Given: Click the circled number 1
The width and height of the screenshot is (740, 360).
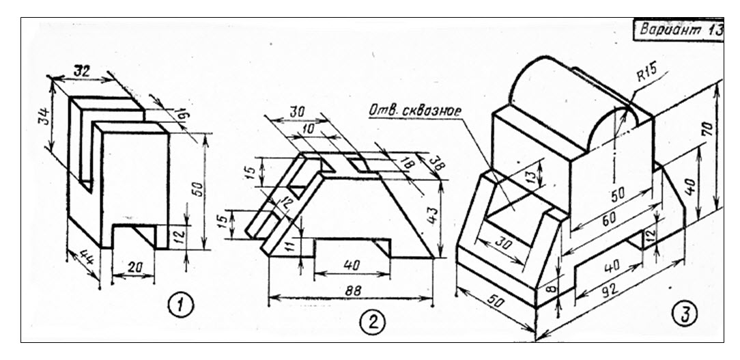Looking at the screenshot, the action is click(x=181, y=305).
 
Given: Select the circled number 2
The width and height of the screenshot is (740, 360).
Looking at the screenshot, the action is click(x=372, y=322).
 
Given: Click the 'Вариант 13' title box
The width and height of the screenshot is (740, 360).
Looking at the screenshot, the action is click(x=679, y=30).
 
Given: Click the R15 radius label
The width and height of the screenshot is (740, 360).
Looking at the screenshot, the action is click(x=646, y=74).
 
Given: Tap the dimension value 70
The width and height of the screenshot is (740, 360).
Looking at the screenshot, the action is click(x=706, y=126).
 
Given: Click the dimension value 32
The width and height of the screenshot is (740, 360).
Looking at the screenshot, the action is click(x=84, y=71).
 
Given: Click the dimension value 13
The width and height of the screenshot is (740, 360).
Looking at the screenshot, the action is click(x=531, y=177).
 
